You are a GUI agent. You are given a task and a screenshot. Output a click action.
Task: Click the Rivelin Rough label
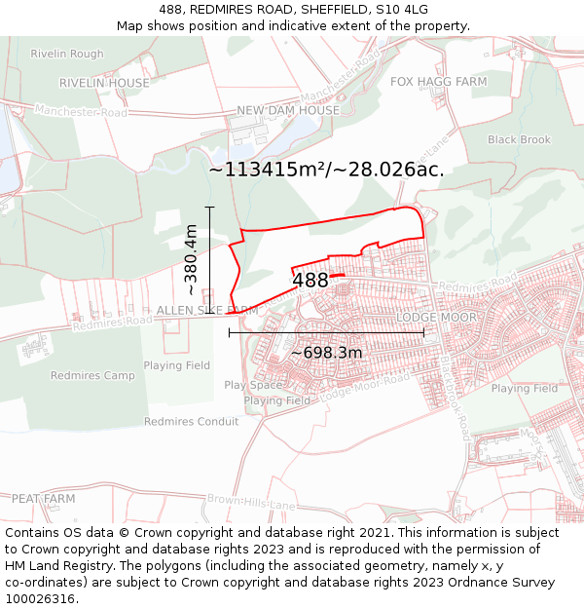click(x=66, y=55)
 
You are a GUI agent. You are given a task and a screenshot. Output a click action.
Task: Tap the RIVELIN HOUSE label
click(x=105, y=84)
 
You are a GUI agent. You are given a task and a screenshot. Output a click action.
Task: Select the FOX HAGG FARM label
click(x=438, y=82)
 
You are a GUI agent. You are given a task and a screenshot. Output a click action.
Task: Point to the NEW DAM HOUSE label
click(x=288, y=111)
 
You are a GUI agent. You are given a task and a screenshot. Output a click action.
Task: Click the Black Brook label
click(x=519, y=140)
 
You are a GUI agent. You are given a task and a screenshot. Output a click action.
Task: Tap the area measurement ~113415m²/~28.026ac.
click(x=326, y=170)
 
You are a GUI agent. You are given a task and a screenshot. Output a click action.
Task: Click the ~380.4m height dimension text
click(x=191, y=260)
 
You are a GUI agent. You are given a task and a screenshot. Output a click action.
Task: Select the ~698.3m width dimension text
click(x=327, y=352)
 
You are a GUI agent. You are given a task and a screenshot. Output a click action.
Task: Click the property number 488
click(x=310, y=281)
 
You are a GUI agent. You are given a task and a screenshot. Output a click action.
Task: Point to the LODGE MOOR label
click(x=436, y=319)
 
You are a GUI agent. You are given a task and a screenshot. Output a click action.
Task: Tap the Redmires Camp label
click(x=92, y=376)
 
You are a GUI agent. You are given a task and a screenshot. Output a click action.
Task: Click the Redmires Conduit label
click(x=191, y=422)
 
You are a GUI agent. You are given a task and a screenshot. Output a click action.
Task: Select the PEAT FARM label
click(x=43, y=499)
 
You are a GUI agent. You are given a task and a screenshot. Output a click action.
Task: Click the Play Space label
click(x=253, y=385)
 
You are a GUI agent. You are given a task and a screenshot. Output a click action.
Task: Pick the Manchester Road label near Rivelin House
click(x=80, y=113)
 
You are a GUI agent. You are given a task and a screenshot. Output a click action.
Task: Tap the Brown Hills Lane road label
click(x=251, y=503)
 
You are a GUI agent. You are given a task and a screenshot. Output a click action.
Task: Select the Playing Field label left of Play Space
click(x=176, y=365)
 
